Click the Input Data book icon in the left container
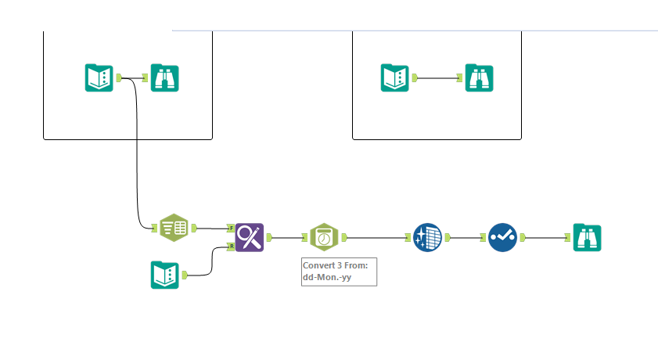[x=99, y=77]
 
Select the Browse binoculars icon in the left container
[x=165, y=77]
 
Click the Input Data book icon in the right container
[x=395, y=77]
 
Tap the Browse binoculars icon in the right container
[x=480, y=77]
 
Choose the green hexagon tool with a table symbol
[x=174, y=228]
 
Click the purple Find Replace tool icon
[x=250, y=236]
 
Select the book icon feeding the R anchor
[x=165, y=275]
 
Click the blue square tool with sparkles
[x=428, y=236]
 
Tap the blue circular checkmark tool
[x=503, y=236]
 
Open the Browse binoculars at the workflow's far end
[x=588, y=236]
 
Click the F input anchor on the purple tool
[x=231, y=228]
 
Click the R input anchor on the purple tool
[x=231, y=246]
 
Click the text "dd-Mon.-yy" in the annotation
[x=327, y=277]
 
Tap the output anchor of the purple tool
[x=269, y=236]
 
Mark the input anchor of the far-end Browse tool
[x=567, y=236]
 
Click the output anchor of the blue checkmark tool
[x=523, y=236]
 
